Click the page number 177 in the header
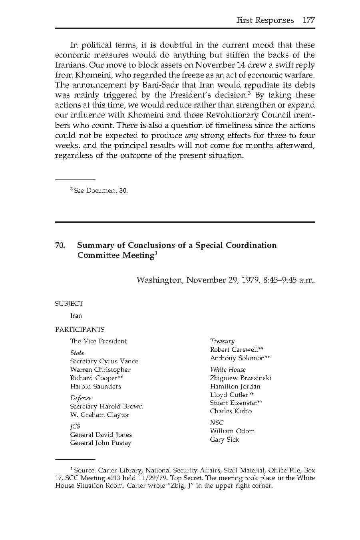point(308,20)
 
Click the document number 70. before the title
point(60,245)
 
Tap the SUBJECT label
point(69,304)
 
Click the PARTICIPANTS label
point(80,330)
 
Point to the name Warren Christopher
point(100,370)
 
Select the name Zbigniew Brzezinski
point(241,378)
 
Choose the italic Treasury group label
point(222,341)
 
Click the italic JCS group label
point(75,426)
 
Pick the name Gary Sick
point(225,440)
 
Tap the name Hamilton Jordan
point(235,387)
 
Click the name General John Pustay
point(101,443)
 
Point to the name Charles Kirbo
point(231,411)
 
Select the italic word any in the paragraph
point(191,135)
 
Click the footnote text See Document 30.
point(101,191)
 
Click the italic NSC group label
point(217,423)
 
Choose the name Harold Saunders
point(95,387)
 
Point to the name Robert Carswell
point(234,350)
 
